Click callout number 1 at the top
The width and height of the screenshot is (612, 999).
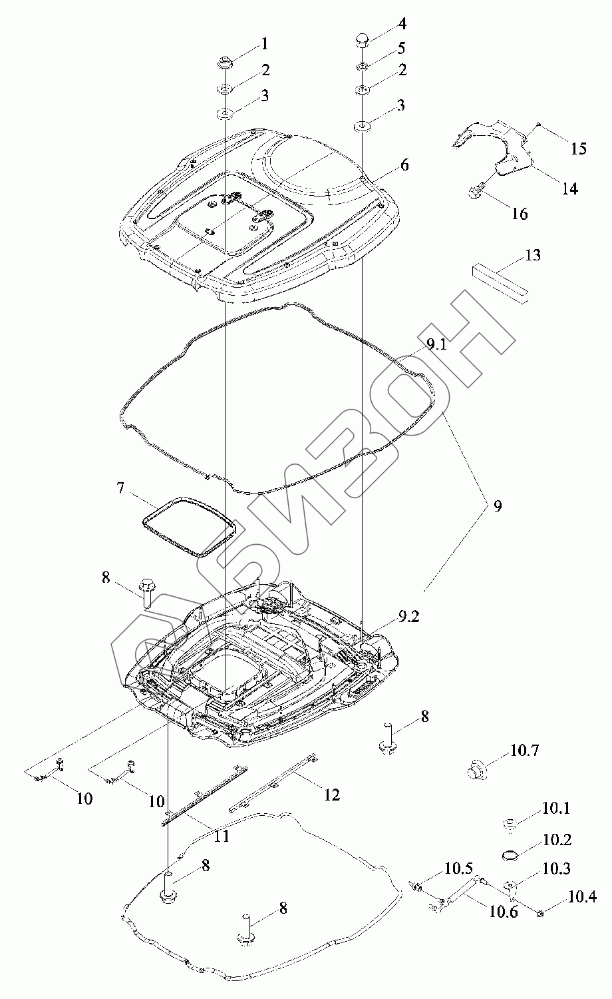tap(265, 44)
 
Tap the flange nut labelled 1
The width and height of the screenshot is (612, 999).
tap(224, 63)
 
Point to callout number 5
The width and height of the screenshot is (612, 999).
tap(402, 48)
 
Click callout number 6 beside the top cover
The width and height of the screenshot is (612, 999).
tap(404, 165)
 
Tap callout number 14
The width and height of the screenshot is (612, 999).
tap(569, 188)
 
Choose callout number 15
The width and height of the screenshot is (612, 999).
tap(579, 149)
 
